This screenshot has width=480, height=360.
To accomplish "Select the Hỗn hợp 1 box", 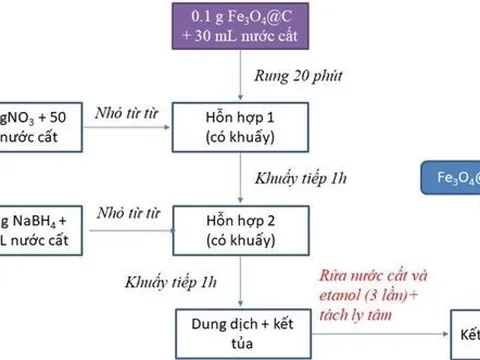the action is pyautogui.click(x=231, y=125).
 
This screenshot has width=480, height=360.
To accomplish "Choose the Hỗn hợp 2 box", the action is pyautogui.click(x=231, y=225).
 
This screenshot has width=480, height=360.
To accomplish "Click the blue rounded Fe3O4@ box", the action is pyautogui.click(x=450, y=179).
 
